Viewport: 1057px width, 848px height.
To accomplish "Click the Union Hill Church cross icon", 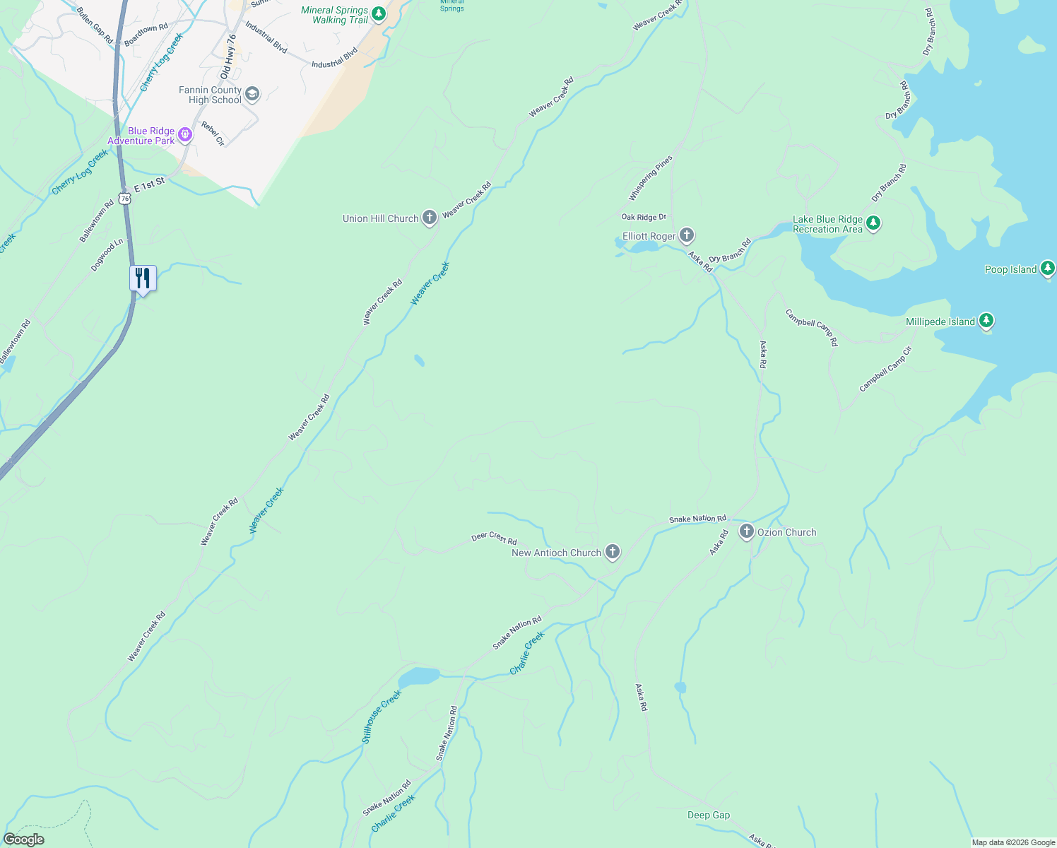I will (429, 218).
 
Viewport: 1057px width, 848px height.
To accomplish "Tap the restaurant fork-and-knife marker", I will (143, 279).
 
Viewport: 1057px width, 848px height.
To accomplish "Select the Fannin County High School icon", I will (252, 94).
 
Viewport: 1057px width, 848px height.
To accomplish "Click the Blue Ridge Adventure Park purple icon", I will (185, 134).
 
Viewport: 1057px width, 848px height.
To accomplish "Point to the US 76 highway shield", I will (125, 199).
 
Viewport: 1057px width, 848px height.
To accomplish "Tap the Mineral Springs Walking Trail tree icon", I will (379, 14).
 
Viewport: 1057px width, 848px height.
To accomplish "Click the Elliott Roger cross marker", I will (687, 235).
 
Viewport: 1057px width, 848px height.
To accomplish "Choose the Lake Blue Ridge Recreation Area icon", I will (873, 223).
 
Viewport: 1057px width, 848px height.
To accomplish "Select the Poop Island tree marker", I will (1048, 269).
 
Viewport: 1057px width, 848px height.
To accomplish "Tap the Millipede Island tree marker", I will (986, 321).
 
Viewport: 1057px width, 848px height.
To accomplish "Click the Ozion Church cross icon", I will (746, 531).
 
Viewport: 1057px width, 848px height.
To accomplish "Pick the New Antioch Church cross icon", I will (613, 552).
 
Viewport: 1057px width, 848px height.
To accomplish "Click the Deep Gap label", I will (708, 815).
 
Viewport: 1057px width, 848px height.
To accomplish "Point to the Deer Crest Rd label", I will (494, 538).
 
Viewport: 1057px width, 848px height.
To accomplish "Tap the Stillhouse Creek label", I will (382, 716).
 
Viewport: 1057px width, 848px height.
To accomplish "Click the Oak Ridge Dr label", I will (644, 217).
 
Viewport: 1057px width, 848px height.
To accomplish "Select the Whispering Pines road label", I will (650, 179).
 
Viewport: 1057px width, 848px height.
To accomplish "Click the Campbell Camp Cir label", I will (885, 369).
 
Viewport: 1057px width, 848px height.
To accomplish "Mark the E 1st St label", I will (149, 185).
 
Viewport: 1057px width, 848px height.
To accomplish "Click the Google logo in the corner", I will (24, 839).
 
